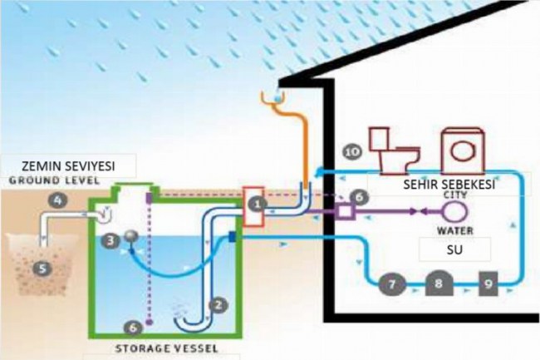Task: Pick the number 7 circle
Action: [393, 284]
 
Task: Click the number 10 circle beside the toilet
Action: [353, 151]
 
